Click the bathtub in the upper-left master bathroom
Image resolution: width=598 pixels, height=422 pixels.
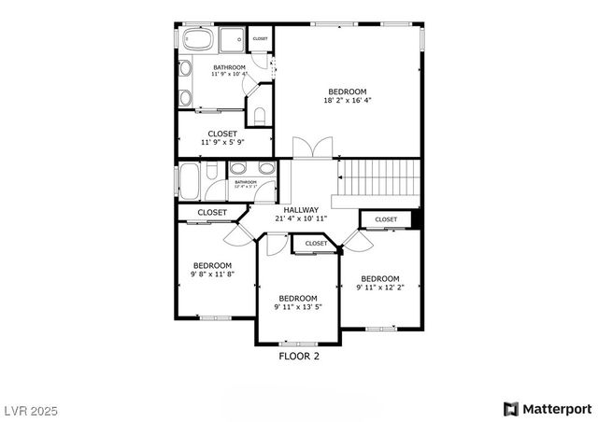click(197, 40)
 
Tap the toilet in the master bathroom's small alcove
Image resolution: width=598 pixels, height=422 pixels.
click(261, 116)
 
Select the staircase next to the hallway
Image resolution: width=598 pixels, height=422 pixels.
click(377, 176)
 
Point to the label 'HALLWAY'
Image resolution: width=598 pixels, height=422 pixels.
click(302, 210)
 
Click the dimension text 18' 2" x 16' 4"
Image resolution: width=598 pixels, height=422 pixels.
click(348, 101)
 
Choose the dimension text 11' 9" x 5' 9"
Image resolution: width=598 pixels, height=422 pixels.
click(222, 145)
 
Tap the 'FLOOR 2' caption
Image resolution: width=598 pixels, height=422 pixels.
click(299, 356)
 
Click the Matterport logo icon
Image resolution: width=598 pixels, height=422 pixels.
click(510, 409)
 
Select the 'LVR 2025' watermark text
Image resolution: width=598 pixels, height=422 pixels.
click(31, 409)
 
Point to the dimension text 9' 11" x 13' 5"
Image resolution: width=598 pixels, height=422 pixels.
click(299, 307)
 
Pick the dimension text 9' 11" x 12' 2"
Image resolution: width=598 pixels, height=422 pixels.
click(380, 288)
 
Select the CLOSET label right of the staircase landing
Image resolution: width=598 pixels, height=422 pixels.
click(386, 219)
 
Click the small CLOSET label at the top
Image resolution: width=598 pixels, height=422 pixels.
click(260, 39)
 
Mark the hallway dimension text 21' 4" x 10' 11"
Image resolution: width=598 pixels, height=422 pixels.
click(302, 219)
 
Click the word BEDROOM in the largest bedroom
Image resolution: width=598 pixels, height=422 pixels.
click(348, 91)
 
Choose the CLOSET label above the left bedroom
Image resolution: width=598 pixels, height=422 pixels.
click(212, 213)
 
